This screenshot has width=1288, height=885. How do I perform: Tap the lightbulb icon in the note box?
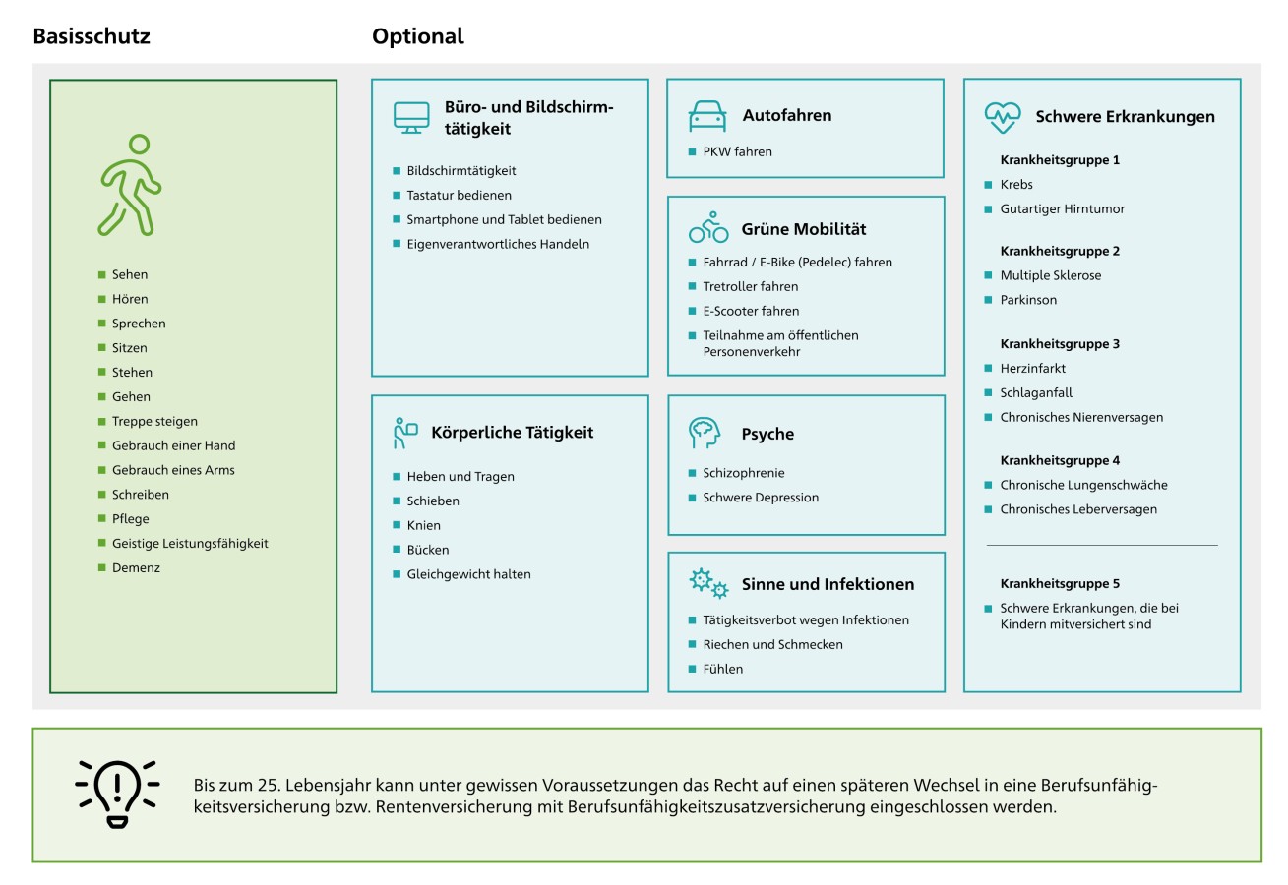(x=117, y=795)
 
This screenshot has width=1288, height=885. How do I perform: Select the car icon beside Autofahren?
(x=707, y=116)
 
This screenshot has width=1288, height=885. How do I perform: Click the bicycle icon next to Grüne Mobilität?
(x=708, y=227)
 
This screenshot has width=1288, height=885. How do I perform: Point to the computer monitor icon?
(x=411, y=118)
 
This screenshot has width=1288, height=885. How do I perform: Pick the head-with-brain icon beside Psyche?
(x=705, y=433)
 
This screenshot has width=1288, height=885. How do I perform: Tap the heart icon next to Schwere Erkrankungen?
(x=1003, y=117)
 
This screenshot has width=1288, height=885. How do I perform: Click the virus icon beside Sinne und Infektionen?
(x=708, y=583)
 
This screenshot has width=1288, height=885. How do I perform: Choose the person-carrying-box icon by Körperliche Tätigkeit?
(x=405, y=433)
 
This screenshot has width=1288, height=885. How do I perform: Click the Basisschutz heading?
(x=92, y=36)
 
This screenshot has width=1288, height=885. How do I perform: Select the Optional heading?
(x=418, y=36)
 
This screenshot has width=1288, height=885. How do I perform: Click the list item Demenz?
(x=136, y=567)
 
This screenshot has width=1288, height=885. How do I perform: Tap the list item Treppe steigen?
(x=154, y=421)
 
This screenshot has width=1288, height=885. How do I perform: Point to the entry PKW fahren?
(x=738, y=151)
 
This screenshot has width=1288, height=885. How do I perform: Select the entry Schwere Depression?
(x=761, y=498)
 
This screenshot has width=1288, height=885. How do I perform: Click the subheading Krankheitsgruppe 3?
(x=1060, y=343)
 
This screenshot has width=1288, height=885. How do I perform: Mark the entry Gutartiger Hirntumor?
(x=1062, y=208)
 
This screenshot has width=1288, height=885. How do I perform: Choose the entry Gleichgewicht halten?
(x=468, y=574)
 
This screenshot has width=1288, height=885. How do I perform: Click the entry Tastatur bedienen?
(x=459, y=196)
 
